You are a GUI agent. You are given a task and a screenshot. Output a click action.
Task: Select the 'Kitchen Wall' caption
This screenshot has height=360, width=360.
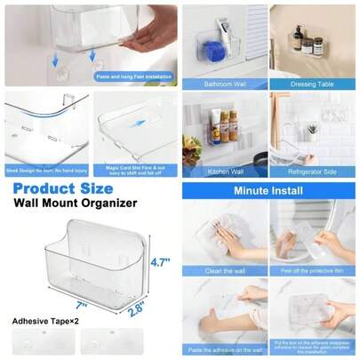pos(224,172)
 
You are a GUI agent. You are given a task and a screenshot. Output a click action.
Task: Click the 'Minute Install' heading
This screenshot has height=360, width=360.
pos(268,190)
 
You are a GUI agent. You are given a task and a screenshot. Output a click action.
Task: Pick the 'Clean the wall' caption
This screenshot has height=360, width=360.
pos(224,269)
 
